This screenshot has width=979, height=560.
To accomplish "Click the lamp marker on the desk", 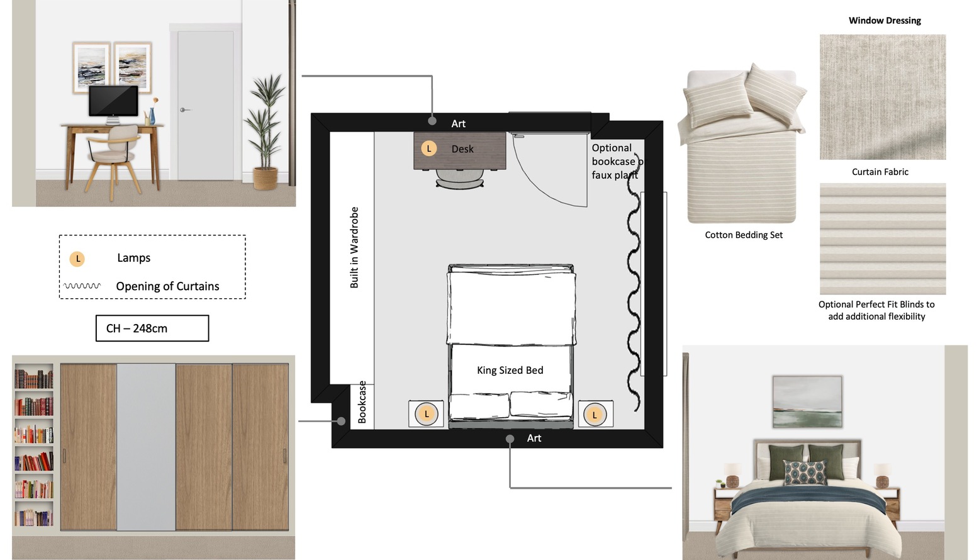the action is pos(428,148).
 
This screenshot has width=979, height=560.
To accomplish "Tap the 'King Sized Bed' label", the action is pos(510,370).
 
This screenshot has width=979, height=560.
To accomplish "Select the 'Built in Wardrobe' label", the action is pos(354,247).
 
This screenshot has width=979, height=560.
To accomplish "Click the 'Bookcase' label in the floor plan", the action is pos(362,402).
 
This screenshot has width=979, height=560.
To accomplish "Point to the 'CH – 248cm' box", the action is pos(152,328).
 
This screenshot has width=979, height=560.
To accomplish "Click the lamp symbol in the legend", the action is pos(77,259).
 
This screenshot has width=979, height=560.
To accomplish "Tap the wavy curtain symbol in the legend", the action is pos(82,286).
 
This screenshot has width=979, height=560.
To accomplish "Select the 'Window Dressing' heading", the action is pos(885,21).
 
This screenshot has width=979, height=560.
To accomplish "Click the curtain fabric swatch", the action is pos(883,97).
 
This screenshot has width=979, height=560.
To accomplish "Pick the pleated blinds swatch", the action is pos(883,238).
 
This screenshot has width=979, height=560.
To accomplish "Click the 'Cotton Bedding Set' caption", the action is pos(744,235).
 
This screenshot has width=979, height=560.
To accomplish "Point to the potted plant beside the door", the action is pos(265,131).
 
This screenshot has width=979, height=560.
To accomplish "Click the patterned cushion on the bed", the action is pos(805,472).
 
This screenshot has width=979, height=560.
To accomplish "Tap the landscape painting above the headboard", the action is pos(807,401).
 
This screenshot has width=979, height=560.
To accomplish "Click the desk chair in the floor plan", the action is pos(459,178).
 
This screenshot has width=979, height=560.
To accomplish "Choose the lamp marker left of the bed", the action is pos(427,413).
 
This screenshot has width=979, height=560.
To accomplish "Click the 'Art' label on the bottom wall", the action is pos(534,438).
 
